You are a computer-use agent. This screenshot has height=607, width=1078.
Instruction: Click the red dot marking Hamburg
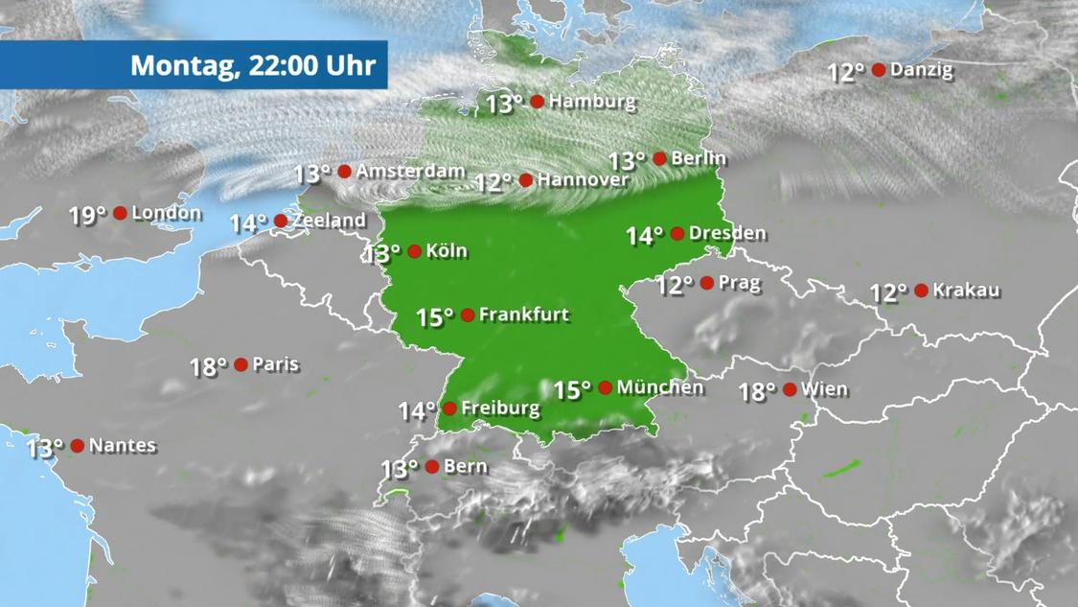[538, 101]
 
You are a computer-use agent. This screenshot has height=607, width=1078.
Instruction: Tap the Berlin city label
[699, 158]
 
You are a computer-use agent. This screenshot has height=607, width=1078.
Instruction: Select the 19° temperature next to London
[87, 216]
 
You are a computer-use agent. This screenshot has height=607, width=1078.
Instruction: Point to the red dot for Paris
[241, 364]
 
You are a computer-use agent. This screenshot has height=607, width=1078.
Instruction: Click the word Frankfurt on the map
[524, 315]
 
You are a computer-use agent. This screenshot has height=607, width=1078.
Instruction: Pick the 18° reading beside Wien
[756, 391]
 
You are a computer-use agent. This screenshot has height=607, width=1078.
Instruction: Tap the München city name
[660, 387]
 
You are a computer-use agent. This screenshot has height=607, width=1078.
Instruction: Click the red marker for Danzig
[879, 70]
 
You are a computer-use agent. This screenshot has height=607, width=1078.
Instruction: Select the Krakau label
[966, 290]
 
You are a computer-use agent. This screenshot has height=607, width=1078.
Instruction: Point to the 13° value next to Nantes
[44, 448]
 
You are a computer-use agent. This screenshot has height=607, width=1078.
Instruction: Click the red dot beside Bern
[432, 467]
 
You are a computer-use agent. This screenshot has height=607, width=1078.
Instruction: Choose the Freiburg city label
[500, 409]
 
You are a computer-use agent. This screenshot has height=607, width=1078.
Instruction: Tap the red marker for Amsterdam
[344, 172]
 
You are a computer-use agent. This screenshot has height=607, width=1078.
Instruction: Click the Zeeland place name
[329, 221]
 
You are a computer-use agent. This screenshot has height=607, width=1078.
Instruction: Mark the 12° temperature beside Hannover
[493, 182]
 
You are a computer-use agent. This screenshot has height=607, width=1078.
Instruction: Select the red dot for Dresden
[677, 233]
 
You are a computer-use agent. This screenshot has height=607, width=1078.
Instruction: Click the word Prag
[739, 283]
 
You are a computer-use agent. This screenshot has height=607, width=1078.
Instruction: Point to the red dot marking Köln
[414, 251]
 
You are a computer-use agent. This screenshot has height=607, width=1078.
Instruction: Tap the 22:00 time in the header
[284, 65]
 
